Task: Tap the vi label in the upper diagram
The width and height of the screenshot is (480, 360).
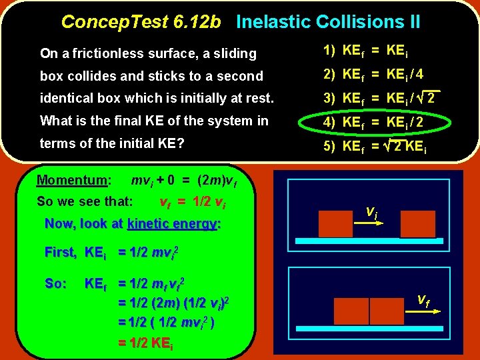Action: coord(373,211)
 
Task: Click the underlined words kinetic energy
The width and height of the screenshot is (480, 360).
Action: coord(173,224)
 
